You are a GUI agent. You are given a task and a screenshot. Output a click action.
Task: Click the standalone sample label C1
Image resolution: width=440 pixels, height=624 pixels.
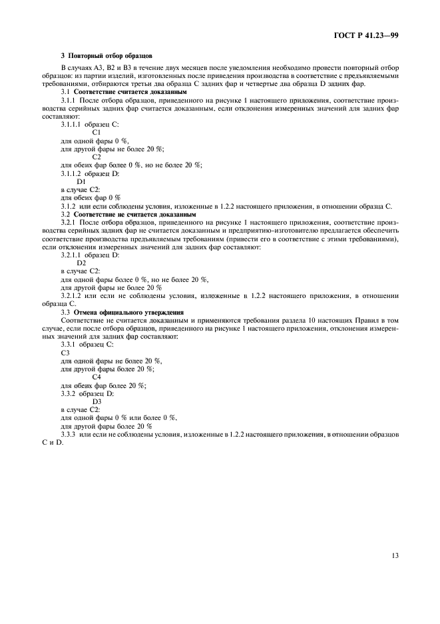(x=97, y=133)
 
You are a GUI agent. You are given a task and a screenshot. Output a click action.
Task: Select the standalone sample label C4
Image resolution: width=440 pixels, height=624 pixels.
(x=97, y=377)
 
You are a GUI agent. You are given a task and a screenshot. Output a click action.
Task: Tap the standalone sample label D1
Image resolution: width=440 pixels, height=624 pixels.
(x=81, y=181)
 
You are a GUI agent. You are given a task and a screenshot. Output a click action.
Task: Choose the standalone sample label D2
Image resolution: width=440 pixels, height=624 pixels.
(x=81, y=263)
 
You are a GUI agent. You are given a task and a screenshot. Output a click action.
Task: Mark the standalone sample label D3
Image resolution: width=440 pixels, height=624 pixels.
(x=97, y=401)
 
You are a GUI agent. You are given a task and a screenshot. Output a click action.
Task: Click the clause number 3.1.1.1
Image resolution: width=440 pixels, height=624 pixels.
(x=71, y=125)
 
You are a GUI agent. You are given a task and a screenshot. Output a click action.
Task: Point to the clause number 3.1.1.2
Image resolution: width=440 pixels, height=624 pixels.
(x=71, y=173)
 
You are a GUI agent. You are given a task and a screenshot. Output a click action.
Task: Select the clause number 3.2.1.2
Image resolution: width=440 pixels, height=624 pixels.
(x=71, y=295)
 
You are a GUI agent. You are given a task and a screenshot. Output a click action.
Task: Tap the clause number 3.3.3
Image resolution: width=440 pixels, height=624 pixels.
(x=68, y=434)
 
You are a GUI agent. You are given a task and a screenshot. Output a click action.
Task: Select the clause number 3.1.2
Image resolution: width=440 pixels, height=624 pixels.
(x=69, y=206)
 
